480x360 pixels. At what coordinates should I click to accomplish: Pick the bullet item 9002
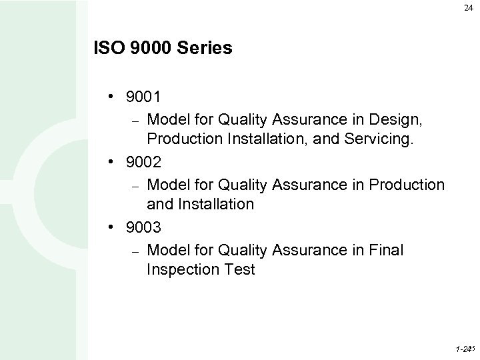click(x=141, y=162)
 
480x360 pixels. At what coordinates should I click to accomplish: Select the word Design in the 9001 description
click(x=399, y=120)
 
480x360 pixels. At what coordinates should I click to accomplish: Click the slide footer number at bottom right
click(x=464, y=349)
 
